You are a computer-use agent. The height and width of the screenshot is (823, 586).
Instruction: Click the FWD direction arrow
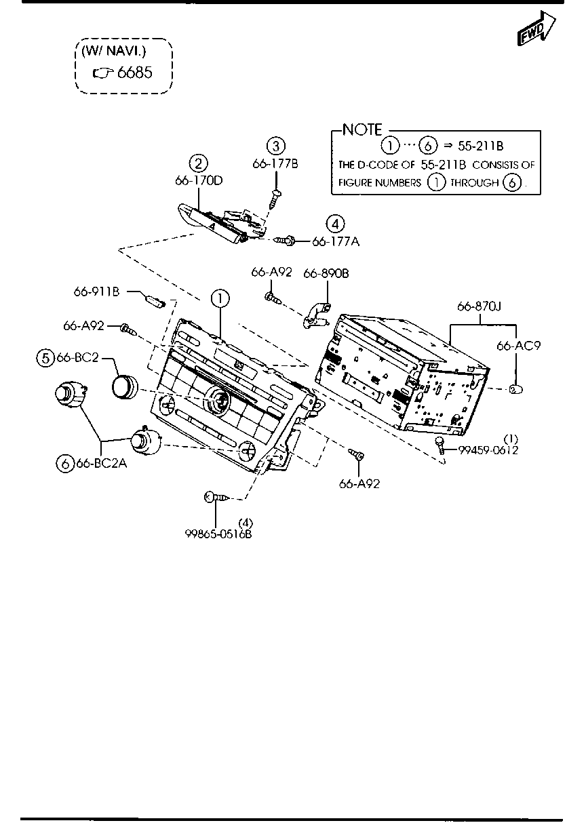click(536, 28)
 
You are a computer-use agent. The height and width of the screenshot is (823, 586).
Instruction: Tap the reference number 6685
click(134, 73)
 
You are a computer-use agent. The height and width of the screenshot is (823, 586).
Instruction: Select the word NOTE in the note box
click(362, 129)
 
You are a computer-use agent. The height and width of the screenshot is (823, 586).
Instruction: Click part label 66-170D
click(199, 181)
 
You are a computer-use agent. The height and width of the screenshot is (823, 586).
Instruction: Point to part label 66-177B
click(275, 163)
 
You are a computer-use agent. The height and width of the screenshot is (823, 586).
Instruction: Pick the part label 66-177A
click(336, 242)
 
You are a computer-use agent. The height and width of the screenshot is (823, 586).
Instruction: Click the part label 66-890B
click(326, 273)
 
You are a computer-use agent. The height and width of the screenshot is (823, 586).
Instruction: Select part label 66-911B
click(97, 292)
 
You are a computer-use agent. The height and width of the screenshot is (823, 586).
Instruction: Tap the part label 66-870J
click(479, 306)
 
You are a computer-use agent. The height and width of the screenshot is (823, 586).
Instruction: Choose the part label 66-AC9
click(518, 346)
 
